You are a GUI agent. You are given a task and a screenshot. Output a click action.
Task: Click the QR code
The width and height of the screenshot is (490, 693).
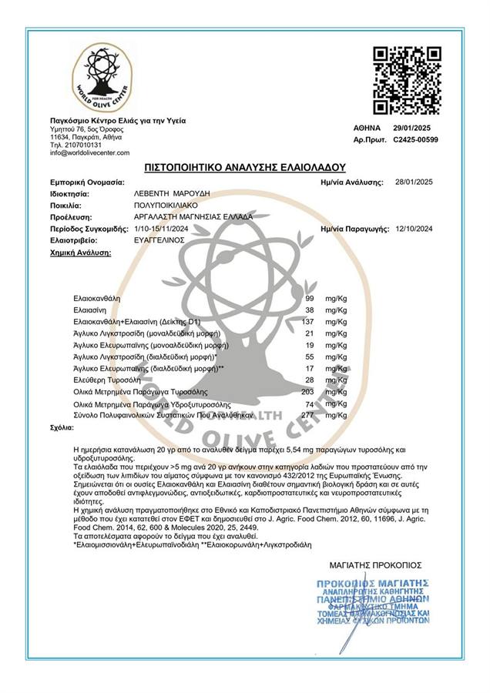407,80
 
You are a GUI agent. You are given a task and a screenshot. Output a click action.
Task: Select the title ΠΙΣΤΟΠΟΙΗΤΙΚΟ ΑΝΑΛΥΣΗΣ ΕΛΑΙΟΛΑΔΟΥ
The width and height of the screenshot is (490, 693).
245,166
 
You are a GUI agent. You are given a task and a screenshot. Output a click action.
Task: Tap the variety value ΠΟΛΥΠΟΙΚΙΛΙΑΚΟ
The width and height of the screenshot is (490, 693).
169,206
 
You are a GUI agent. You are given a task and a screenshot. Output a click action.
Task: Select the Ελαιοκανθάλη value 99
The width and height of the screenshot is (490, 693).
310,297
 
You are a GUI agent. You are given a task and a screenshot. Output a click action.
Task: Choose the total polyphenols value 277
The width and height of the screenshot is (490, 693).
308,415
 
